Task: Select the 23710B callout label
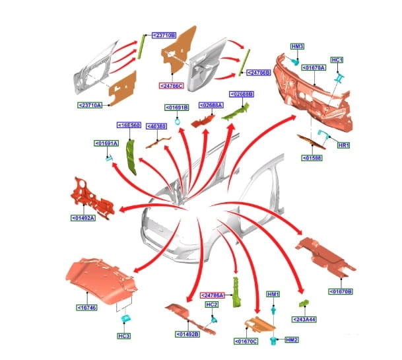pos(162,34)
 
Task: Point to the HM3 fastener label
pos(297,46)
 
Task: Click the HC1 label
pos(337,60)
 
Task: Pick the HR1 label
pos(343,145)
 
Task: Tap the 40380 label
pos(156,126)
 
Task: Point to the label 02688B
pos(241,94)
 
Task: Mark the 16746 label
pos(87,307)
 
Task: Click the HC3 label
pos(123,335)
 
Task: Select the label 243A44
pos(305,319)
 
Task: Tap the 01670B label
pos(341,291)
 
